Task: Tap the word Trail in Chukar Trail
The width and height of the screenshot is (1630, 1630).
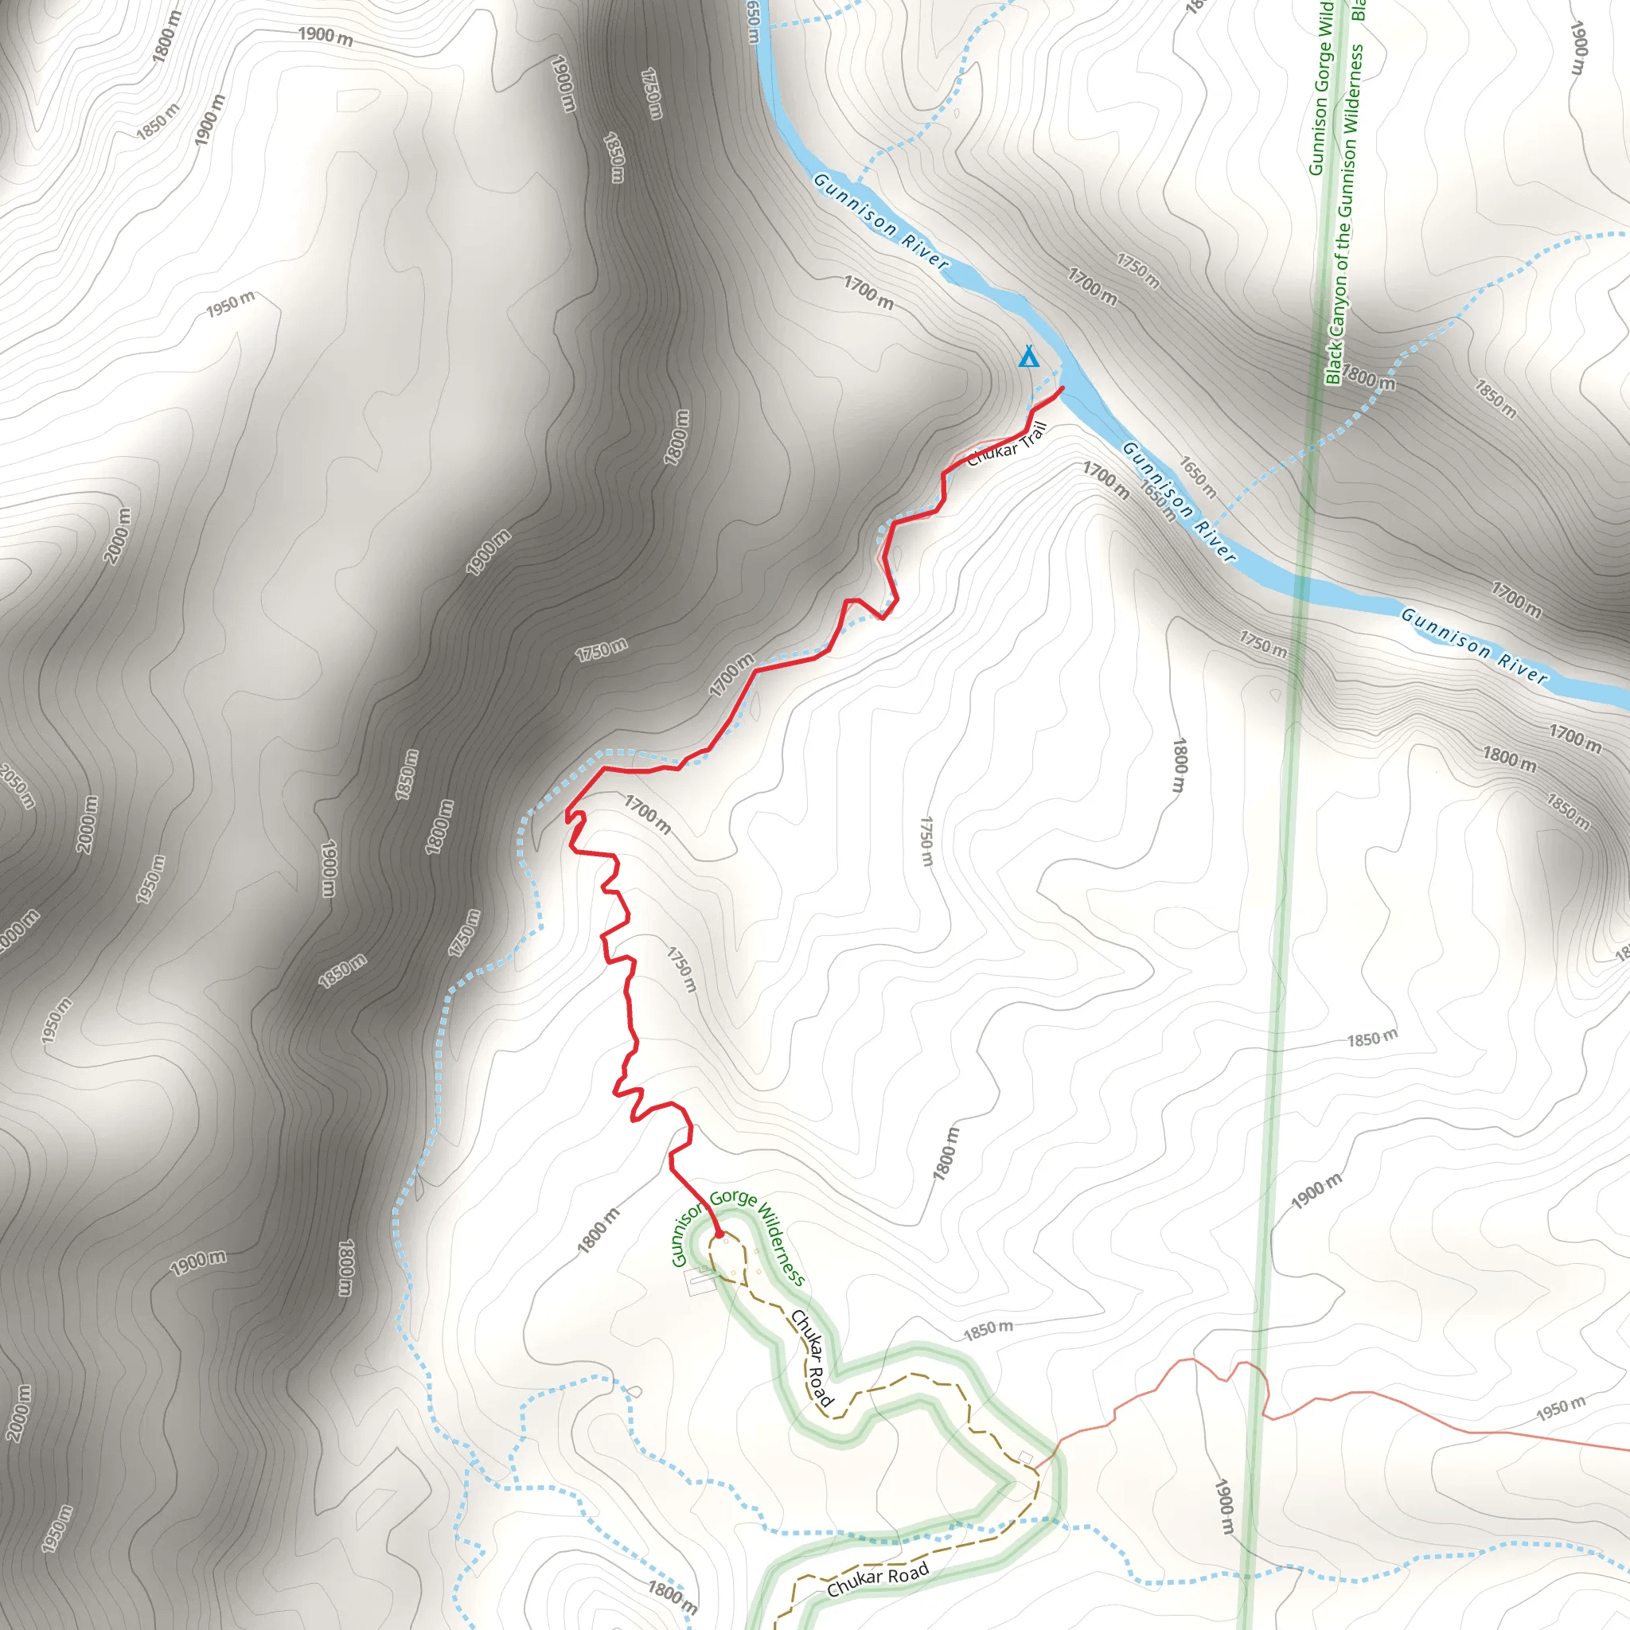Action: coord(1034,436)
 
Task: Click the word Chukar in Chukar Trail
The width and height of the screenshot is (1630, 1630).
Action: coord(992,454)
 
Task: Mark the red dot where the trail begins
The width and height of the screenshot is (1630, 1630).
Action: coord(719,1234)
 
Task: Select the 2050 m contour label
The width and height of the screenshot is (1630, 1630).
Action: coord(17,786)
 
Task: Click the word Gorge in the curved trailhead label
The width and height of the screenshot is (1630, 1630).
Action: coord(732,1198)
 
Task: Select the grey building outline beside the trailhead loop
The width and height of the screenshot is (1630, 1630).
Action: coord(700,1281)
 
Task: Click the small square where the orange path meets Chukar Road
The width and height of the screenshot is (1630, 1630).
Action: coord(1026,1456)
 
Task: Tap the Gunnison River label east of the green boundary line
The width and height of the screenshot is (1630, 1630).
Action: coord(1474,645)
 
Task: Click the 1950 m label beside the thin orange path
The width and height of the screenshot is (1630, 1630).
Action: coord(1560,1408)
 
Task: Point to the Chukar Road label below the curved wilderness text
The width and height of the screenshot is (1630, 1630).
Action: coord(812,1358)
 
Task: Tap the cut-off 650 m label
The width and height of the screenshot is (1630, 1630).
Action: coord(754,21)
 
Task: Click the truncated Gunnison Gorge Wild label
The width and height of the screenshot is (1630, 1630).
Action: coord(1321,88)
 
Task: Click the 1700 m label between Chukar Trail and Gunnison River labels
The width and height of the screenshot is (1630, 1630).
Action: coord(1106,480)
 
